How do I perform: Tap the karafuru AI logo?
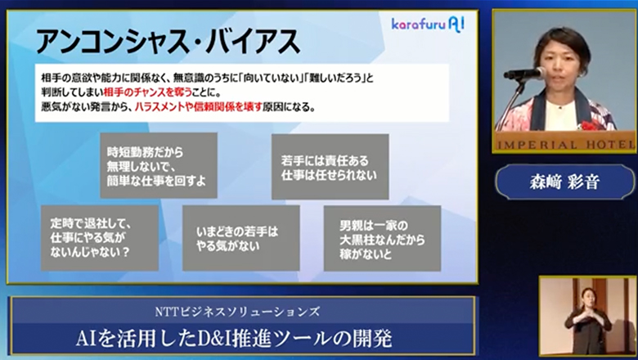pyautogui.click(x=427, y=25)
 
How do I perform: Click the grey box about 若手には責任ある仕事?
pyautogui.click(x=329, y=166)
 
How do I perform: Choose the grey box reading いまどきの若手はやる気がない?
pyautogui.click(x=240, y=237)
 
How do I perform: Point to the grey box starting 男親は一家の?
pyautogui.click(x=381, y=237)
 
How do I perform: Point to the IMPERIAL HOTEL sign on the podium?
pyautogui.click(x=564, y=142)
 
